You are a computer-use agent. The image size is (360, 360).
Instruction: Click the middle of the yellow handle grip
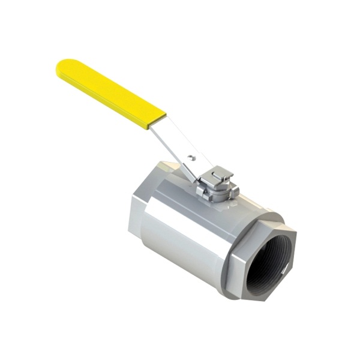coord(111,93)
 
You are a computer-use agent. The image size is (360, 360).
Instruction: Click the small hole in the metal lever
coord(191,158)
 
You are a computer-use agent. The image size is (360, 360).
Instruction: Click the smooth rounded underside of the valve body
coord(180,264)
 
